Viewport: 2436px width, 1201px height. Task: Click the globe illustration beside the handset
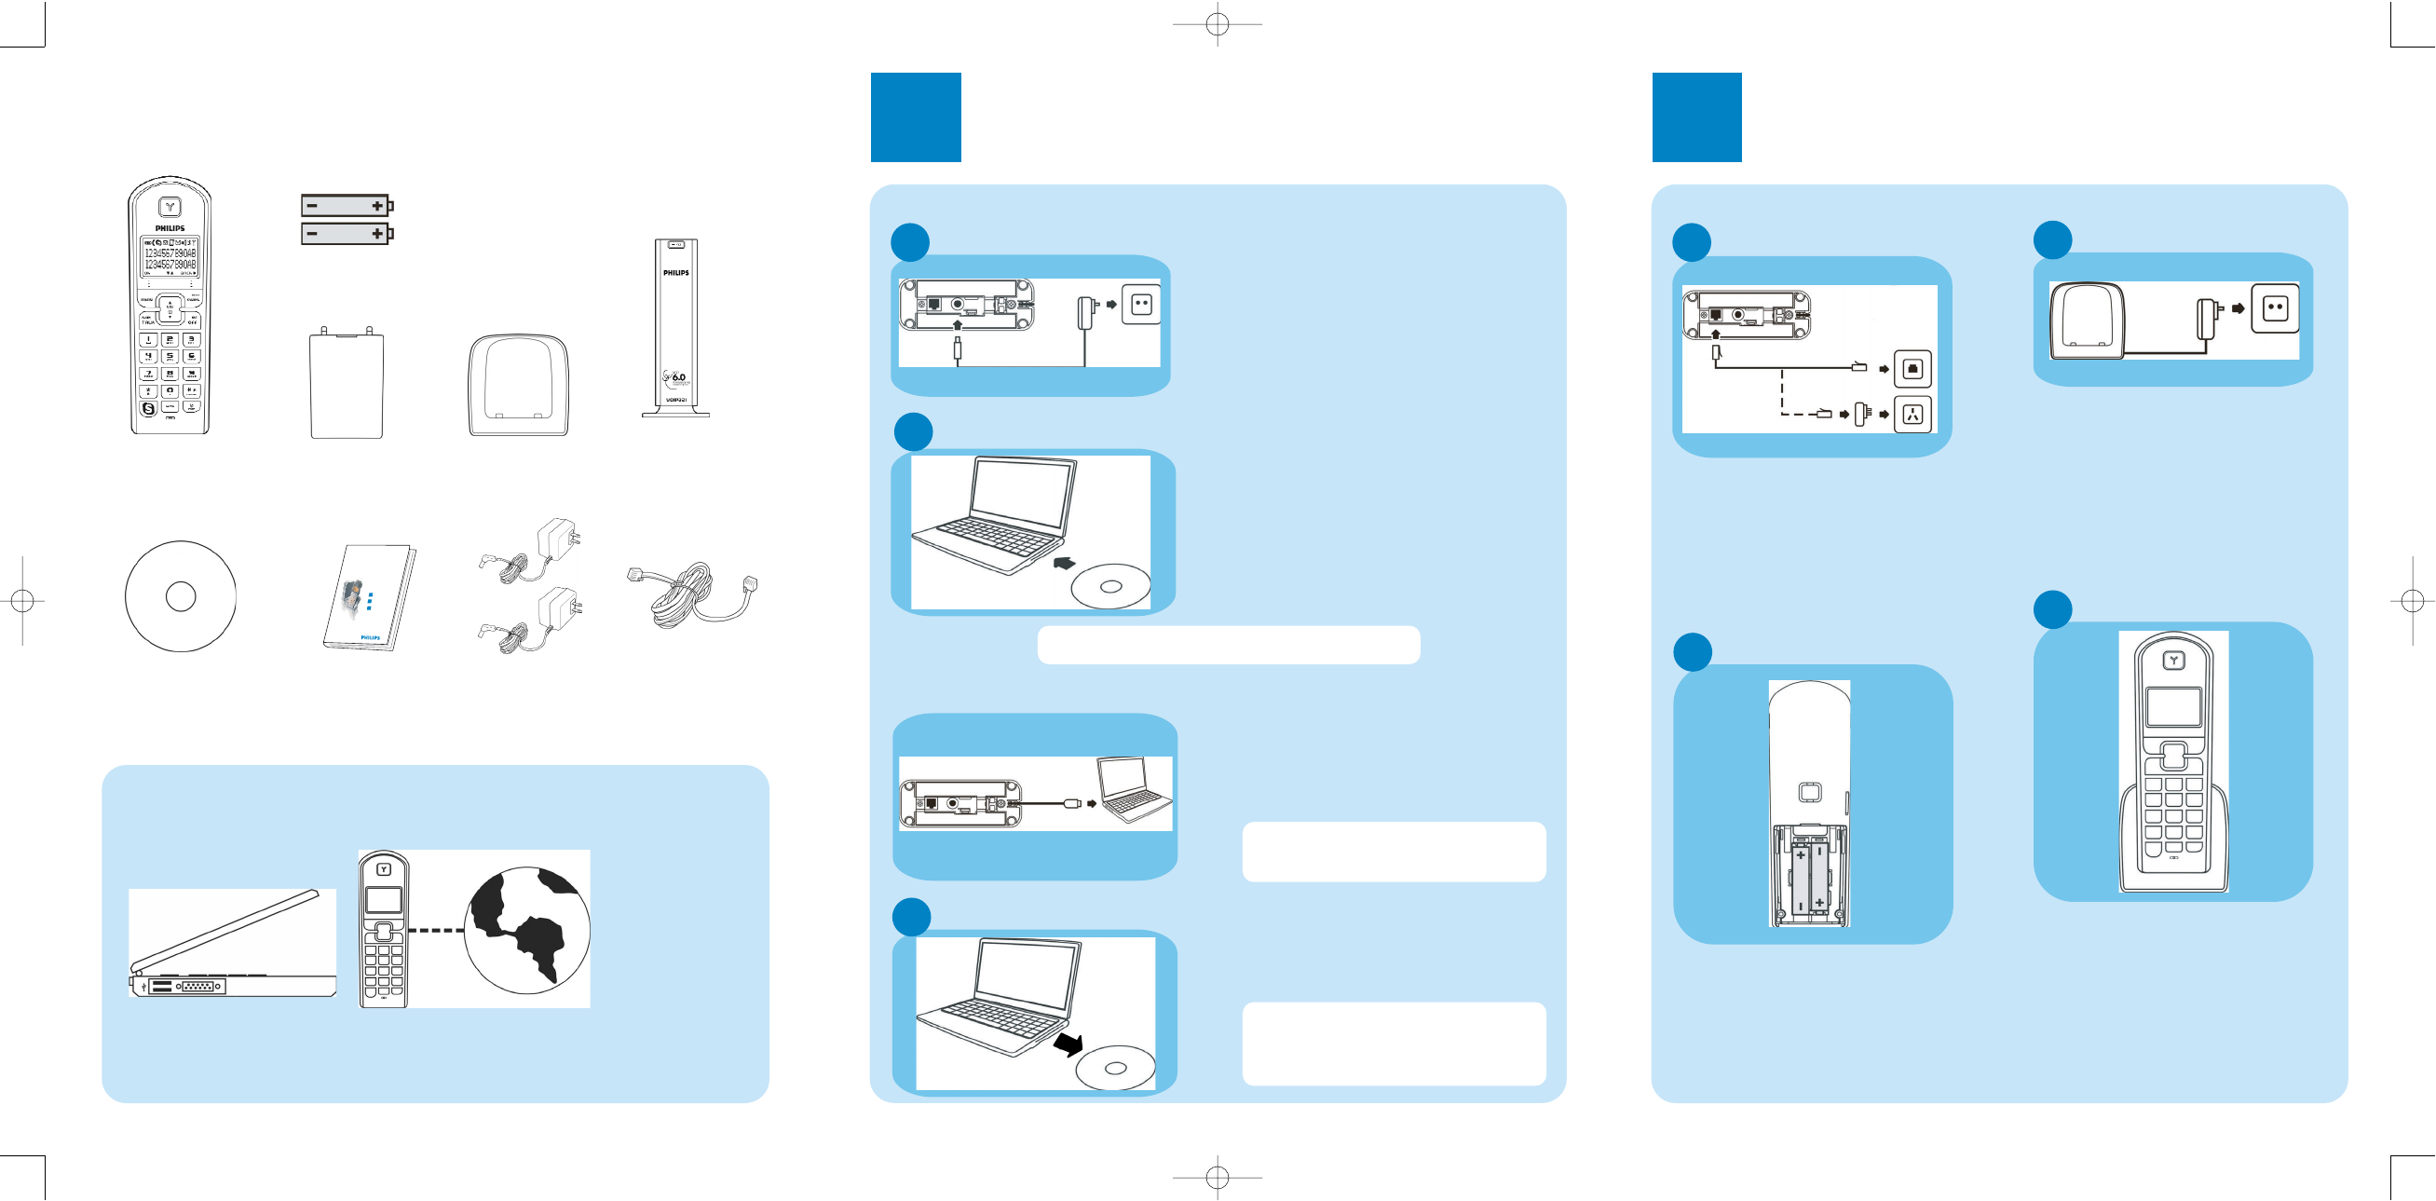click(x=526, y=930)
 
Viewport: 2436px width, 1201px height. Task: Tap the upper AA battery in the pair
click(x=347, y=205)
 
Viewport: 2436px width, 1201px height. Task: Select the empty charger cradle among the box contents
click(x=518, y=385)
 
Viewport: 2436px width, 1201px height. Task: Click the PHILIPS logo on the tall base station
click(x=675, y=273)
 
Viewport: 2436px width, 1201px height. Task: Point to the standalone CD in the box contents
click(x=181, y=595)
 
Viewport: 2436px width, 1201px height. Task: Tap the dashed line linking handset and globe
click(x=436, y=931)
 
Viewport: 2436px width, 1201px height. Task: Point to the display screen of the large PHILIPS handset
click(x=170, y=257)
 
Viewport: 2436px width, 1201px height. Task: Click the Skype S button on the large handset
click(x=148, y=408)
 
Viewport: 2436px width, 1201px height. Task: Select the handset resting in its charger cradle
click(x=2173, y=762)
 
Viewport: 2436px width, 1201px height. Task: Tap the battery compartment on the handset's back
click(x=1809, y=876)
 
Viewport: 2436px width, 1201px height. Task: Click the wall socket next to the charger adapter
click(x=2274, y=308)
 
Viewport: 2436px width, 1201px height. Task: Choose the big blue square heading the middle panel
click(x=916, y=117)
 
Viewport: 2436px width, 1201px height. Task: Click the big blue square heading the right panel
click(x=1696, y=117)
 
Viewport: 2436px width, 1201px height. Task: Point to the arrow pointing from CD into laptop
click(x=1065, y=563)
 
